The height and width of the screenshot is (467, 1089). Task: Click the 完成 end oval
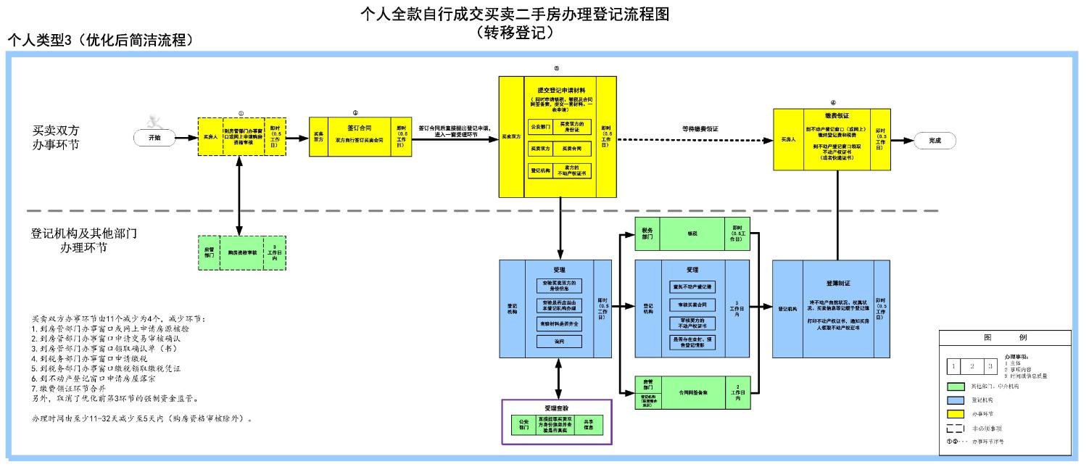pos(935,141)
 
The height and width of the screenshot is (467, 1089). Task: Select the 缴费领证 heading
pos(837,115)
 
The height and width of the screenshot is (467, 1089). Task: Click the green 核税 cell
pos(692,233)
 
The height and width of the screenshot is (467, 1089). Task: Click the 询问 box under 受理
pos(558,341)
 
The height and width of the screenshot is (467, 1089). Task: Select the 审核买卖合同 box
pos(693,304)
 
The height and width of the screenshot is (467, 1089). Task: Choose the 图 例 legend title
pos(1004,338)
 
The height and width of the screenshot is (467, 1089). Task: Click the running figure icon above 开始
pos(152,121)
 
